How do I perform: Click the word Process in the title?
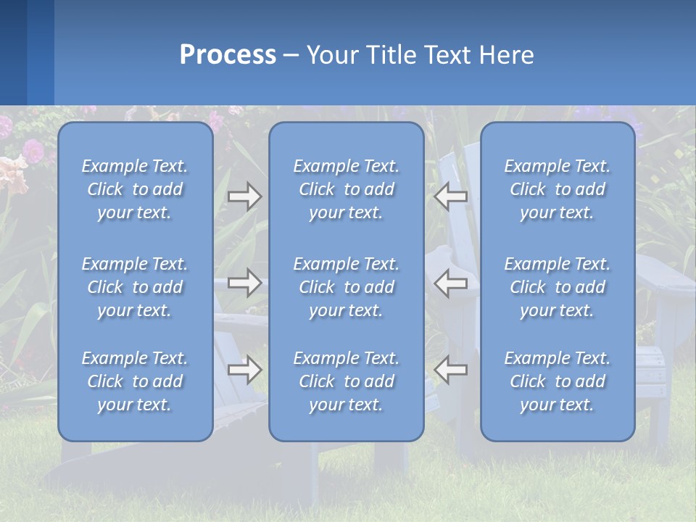click(x=228, y=55)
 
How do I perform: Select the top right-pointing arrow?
click(x=244, y=196)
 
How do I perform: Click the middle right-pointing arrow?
click(x=244, y=283)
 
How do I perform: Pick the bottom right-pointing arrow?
click(x=244, y=370)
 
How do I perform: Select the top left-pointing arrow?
click(x=451, y=196)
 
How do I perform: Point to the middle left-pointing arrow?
click(x=451, y=283)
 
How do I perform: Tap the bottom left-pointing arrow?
click(x=451, y=370)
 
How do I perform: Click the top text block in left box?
click(x=135, y=189)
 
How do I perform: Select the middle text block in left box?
click(x=135, y=287)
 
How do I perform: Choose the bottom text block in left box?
click(x=135, y=381)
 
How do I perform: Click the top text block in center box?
click(x=346, y=189)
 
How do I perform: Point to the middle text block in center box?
click(x=346, y=287)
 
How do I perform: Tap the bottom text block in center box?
click(x=346, y=381)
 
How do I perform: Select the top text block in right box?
click(x=557, y=189)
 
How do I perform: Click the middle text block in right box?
click(x=557, y=287)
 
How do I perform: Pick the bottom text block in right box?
click(x=557, y=381)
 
